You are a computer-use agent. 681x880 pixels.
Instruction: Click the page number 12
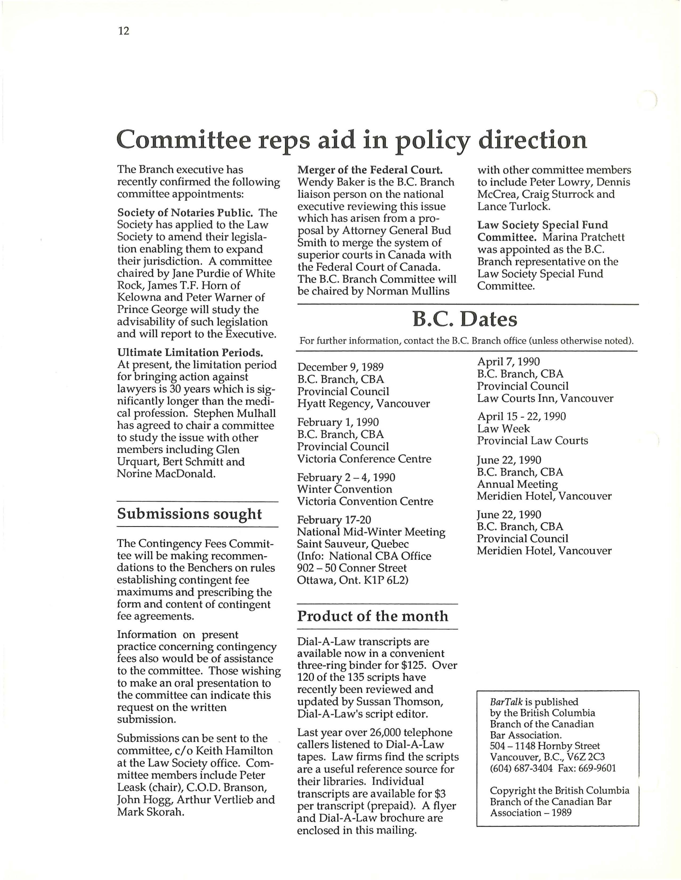124,31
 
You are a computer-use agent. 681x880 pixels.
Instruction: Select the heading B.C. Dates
464,320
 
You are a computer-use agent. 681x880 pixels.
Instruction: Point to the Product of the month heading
372,616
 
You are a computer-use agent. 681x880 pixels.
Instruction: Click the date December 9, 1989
340,367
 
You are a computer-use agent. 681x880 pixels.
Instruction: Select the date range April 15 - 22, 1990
521,416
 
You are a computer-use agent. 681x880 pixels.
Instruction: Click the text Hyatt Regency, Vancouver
363,403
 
